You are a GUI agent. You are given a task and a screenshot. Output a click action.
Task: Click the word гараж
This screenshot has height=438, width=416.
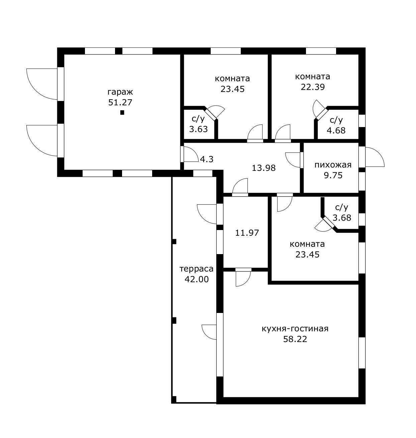pyautogui.click(x=120, y=92)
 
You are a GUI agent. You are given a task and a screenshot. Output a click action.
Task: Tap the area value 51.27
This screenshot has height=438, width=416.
pyautogui.click(x=120, y=102)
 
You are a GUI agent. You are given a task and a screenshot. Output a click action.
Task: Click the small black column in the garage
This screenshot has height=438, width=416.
pyautogui.click(x=122, y=113)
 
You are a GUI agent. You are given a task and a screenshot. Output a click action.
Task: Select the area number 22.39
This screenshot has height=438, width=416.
pyautogui.click(x=313, y=87)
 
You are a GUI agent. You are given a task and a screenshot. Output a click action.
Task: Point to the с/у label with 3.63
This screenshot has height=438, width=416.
pyautogui.click(x=198, y=119)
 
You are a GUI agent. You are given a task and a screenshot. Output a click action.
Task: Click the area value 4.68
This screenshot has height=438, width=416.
pyautogui.click(x=336, y=130)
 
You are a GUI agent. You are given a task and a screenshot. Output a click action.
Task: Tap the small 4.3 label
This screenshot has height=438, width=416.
pyautogui.click(x=207, y=159)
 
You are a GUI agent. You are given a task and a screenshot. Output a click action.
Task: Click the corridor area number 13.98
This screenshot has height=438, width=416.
pyautogui.click(x=264, y=168)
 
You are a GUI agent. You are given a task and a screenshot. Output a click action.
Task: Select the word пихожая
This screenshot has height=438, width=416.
pyautogui.click(x=333, y=165)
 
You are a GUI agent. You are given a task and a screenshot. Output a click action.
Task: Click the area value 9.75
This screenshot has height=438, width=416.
pyautogui.click(x=333, y=175)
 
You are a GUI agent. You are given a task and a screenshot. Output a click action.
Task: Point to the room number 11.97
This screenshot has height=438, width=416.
pyautogui.click(x=247, y=233)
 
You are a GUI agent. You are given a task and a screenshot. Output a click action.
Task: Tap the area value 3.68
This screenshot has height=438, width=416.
pyautogui.click(x=342, y=217)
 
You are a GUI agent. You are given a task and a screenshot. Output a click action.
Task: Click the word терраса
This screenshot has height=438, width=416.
pyautogui.click(x=196, y=269)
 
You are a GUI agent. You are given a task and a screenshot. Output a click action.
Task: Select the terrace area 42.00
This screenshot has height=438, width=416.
pyautogui.click(x=197, y=279)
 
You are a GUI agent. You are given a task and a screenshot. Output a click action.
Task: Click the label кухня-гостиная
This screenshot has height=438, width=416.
pyautogui.click(x=295, y=329)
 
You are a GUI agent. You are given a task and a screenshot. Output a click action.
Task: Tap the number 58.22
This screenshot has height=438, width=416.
pyautogui.click(x=295, y=339)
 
